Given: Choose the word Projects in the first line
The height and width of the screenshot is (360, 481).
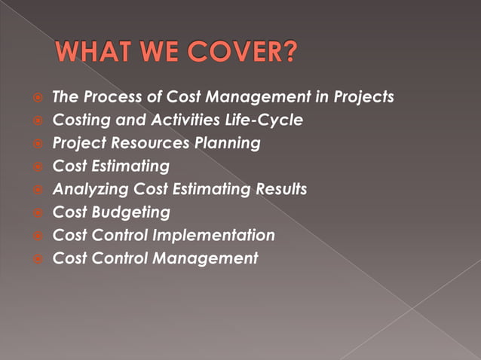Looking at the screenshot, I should [x=363, y=97].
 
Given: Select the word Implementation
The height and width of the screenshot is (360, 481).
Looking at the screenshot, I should [x=213, y=236].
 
